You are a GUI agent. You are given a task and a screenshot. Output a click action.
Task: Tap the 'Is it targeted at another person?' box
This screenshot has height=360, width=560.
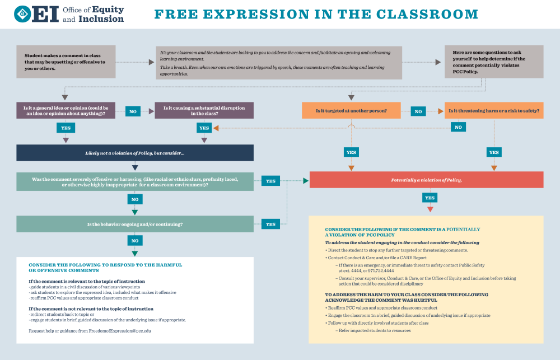(351, 111)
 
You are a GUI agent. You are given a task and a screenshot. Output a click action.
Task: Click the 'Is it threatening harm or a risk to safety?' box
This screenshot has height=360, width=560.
(493, 111)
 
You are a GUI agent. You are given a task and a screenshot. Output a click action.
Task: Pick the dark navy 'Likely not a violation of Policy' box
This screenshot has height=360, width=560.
(135, 153)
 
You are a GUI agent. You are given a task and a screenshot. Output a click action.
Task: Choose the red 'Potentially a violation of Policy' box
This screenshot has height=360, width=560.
(426, 180)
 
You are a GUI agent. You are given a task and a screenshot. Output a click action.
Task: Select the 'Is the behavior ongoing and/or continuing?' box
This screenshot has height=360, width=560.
(135, 224)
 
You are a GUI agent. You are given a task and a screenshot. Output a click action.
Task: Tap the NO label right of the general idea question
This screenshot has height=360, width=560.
(133, 111)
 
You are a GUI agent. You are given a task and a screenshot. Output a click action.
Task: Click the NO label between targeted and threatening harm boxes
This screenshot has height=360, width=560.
(418, 111)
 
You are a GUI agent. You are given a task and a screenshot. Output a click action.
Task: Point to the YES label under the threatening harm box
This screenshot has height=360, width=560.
(494, 152)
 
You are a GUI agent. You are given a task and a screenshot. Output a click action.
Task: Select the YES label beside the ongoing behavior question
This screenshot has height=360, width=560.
(270, 224)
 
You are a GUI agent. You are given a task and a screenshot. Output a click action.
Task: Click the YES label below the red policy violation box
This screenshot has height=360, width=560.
(430, 198)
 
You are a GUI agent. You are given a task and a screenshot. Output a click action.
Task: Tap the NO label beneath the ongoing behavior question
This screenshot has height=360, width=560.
(135, 240)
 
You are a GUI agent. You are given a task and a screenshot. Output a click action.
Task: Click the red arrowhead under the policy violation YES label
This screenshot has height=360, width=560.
(430, 209)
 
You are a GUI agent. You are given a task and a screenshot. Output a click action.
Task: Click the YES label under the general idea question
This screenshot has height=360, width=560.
(66, 128)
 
